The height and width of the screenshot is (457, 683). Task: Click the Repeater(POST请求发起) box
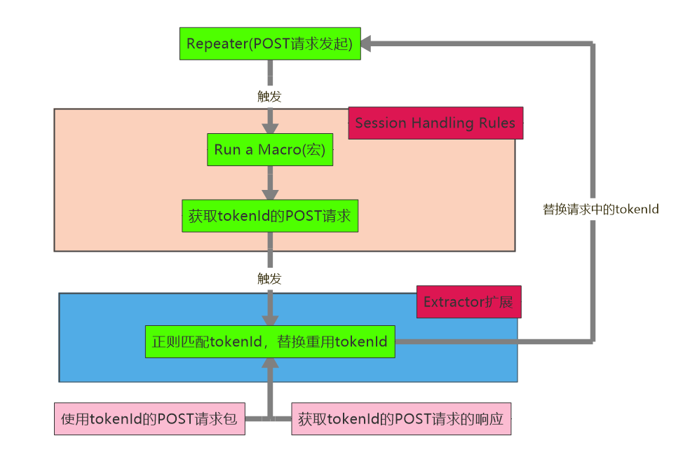tap(269, 43)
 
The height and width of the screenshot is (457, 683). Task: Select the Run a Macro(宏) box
tap(270, 149)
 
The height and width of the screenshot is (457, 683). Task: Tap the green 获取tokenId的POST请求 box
tap(270, 216)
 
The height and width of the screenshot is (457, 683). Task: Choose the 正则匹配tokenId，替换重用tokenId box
tap(270, 342)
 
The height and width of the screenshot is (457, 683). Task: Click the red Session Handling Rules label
tap(435, 123)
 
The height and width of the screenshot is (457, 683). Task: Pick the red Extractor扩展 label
tap(468, 302)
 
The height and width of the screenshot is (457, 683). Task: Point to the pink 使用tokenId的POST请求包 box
tap(149, 419)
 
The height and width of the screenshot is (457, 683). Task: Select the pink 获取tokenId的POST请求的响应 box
tap(401, 419)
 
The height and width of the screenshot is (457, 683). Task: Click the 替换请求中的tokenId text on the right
tap(601, 209)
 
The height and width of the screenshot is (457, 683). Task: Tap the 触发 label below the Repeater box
tap(269, 96)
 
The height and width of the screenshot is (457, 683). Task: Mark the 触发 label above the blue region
tap(269, 278)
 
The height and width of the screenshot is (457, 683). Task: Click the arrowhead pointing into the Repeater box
tap(369, 43)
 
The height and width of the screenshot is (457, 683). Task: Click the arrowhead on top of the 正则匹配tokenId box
tap(270, 319)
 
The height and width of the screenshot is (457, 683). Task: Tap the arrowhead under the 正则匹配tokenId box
tap(270, 364)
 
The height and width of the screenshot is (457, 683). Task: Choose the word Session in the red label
tap(381, 123)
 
